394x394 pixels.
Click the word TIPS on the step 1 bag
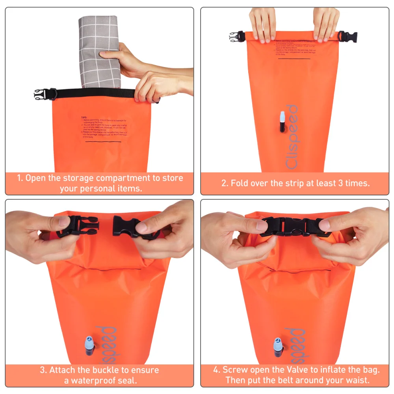[x=84, y=118]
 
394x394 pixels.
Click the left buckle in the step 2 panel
[x=238, y=37]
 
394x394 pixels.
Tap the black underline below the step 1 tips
[x=103, y=141]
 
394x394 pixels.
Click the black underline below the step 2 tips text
[x=294, y=59]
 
